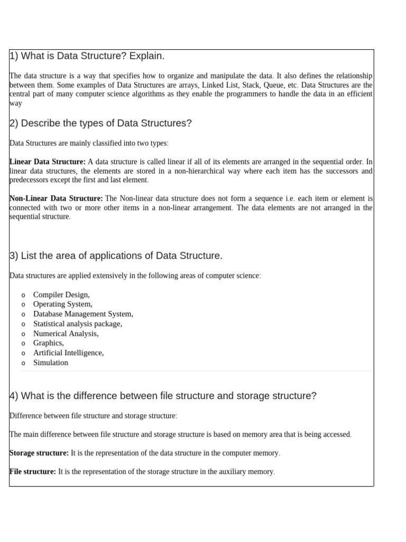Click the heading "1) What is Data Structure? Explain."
(87, 56)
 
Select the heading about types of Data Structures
(100, 123)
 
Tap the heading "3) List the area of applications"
(116, 256)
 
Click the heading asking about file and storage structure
(163, 395)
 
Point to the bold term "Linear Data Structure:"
(48, 161)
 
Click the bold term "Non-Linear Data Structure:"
(56, 198)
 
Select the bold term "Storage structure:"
(39, 453)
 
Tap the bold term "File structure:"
(33, 472)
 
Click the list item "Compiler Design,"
(61, 295)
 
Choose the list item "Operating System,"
(62, 304)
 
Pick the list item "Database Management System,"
(83, 314)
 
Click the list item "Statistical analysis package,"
(77, 323)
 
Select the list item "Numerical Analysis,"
(66, 333)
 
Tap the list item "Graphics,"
(48, 343)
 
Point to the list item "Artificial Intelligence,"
(68, 353)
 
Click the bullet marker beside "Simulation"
(23, 363)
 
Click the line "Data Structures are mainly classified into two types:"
(89, 143)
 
